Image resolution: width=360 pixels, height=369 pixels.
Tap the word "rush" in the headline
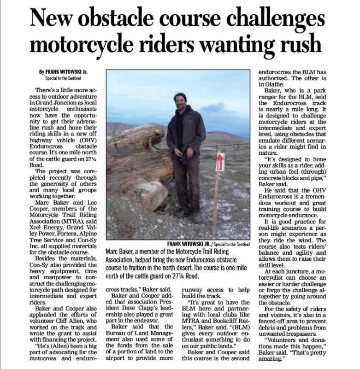297,45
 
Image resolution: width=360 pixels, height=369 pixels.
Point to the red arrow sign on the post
220,162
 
